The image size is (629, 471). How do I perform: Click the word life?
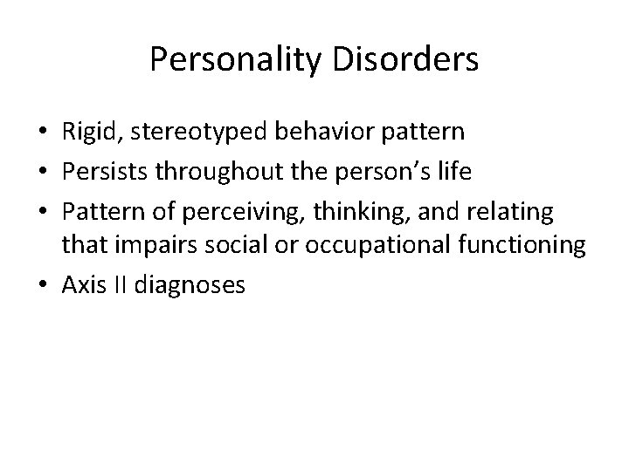453,171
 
